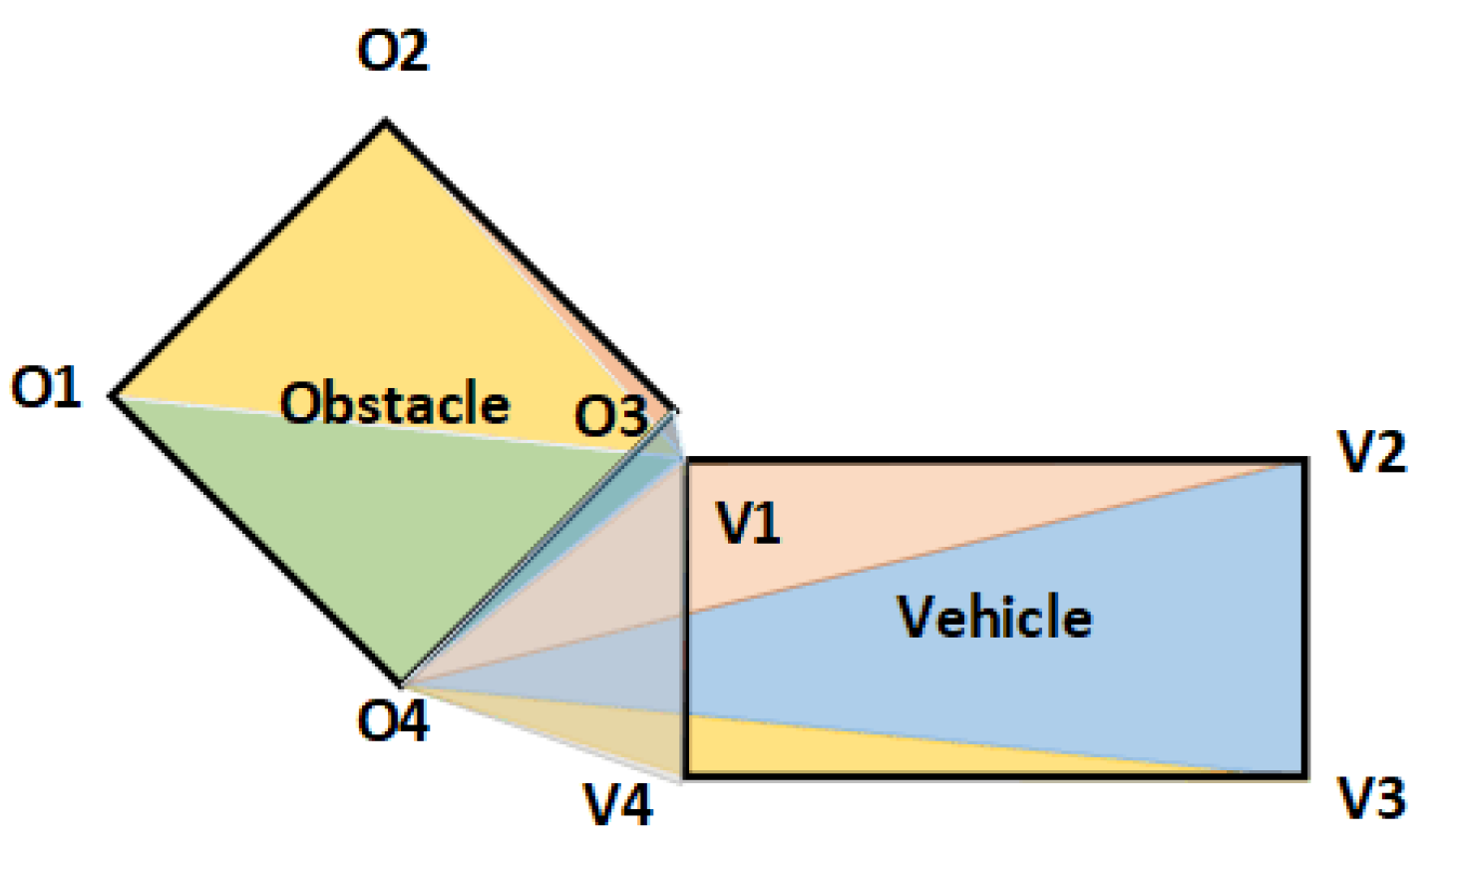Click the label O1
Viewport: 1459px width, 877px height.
point(46,387)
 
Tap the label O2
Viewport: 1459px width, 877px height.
point(393,50)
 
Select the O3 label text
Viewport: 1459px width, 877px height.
point(610,415)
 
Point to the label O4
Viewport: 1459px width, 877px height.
point(393,719)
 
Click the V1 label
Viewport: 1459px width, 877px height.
point(748,522)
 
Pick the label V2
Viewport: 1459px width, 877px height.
point(1372,451)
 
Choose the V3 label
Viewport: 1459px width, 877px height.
point(1372,798)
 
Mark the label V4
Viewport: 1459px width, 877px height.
point(618,804)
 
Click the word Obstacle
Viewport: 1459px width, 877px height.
point(395,403)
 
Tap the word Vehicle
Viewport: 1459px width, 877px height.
point(994,617)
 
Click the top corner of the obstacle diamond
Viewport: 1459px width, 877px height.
point(386,122)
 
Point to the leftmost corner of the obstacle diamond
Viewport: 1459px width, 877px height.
point(112,396)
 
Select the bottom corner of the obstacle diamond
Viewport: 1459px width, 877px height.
point(401,685)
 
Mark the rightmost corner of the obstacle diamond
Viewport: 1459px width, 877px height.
point(676,410)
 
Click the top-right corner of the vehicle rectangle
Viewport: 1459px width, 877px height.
point(1304,461)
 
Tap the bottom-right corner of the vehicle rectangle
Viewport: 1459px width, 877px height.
point(1304,775)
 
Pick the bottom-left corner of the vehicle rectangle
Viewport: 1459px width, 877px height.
point(685,775)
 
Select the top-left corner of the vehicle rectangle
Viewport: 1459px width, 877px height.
point(685,461)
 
